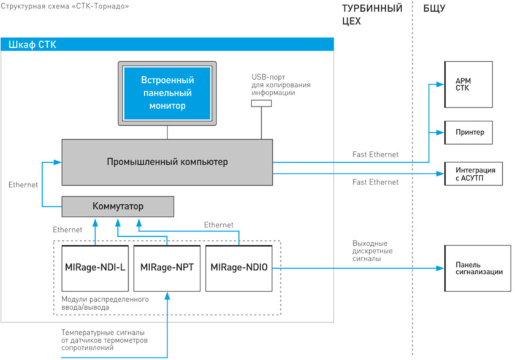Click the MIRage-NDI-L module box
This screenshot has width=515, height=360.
(x=95, y=268)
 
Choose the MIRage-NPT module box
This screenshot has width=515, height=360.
(x=167, y=268)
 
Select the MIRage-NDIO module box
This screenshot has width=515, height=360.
(x=239, y=268)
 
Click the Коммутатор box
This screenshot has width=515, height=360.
(x=118, y=207)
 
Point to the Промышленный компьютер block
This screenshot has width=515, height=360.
(x=167, y=162)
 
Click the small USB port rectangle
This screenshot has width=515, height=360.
(x=261, y=104)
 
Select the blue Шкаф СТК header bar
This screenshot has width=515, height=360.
(x=167, y=44)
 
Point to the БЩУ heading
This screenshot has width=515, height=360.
(x=434, y=9)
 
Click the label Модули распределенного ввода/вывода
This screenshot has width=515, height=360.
(x=105, y=304)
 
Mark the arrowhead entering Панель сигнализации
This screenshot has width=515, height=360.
(x=440, y=268)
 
